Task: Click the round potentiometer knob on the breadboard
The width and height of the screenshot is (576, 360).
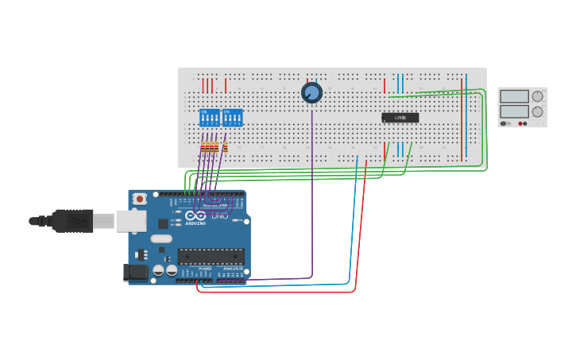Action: [311, 93]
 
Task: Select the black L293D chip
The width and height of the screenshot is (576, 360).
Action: [400, 118]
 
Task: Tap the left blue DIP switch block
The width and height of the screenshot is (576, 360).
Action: [210, 118]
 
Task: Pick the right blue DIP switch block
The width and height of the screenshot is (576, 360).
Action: [233, 118]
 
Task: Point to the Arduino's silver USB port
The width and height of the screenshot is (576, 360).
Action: [130, 220]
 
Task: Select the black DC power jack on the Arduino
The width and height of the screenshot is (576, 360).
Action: [137, 272]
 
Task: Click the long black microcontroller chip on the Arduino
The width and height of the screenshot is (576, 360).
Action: [211, 256]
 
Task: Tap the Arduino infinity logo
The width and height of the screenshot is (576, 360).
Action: [195, 215]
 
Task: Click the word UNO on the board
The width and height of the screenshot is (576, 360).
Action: [220, 215]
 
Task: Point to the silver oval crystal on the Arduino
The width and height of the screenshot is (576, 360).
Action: [161, 238]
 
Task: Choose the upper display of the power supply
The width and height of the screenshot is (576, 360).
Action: [514, 96]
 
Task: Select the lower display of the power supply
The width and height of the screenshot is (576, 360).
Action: [514, 111]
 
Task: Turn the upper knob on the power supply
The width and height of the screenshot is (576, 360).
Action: [538, 96]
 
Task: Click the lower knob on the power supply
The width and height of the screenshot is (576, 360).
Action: [538, 111]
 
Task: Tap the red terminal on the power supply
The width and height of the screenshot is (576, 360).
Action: [520, 124]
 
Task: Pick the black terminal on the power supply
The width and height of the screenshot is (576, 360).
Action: [524, 124]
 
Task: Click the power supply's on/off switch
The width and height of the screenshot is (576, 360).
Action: [504, 124]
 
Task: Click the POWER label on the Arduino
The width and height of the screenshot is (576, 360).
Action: [205, 269]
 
